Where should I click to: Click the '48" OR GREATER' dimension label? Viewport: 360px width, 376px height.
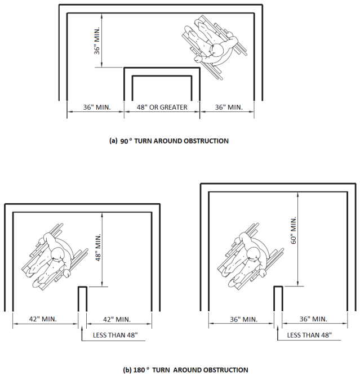click(x=162, y=107)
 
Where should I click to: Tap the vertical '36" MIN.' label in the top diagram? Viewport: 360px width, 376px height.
click(x=97, y=41)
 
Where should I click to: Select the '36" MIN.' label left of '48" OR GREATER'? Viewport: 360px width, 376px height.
click(x=97, y=107)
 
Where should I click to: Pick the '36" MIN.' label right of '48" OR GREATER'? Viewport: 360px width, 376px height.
click(x=229, y=107)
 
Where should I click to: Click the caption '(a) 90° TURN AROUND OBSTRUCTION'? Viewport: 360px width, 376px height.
click(x=168, y=141)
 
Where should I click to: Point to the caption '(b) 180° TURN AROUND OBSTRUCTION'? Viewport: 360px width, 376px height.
click(x=185, y=370)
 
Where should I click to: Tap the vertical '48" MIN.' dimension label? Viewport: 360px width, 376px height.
click(x=98, y=248)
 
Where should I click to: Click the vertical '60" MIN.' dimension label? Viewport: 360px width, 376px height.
click(x=294, y=230)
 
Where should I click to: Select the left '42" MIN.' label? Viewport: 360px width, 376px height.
click(x=43, y=319)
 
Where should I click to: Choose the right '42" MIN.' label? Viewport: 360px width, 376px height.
click(x=117, y=319)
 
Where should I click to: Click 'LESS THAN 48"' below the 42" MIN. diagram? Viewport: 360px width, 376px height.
click(x=115, y=335)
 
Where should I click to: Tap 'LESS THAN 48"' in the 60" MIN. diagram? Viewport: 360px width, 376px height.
click(x=310, y=335)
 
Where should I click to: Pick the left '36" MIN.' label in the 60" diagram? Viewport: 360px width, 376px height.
click(x=243, y=319)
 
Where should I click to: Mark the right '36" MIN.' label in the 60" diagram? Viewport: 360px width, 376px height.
click(x=313, y=319)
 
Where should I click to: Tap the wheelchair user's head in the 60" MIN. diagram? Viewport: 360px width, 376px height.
click(x=254, y=254)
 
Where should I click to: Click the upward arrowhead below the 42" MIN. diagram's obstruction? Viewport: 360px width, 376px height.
click(x=82, y=328)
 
